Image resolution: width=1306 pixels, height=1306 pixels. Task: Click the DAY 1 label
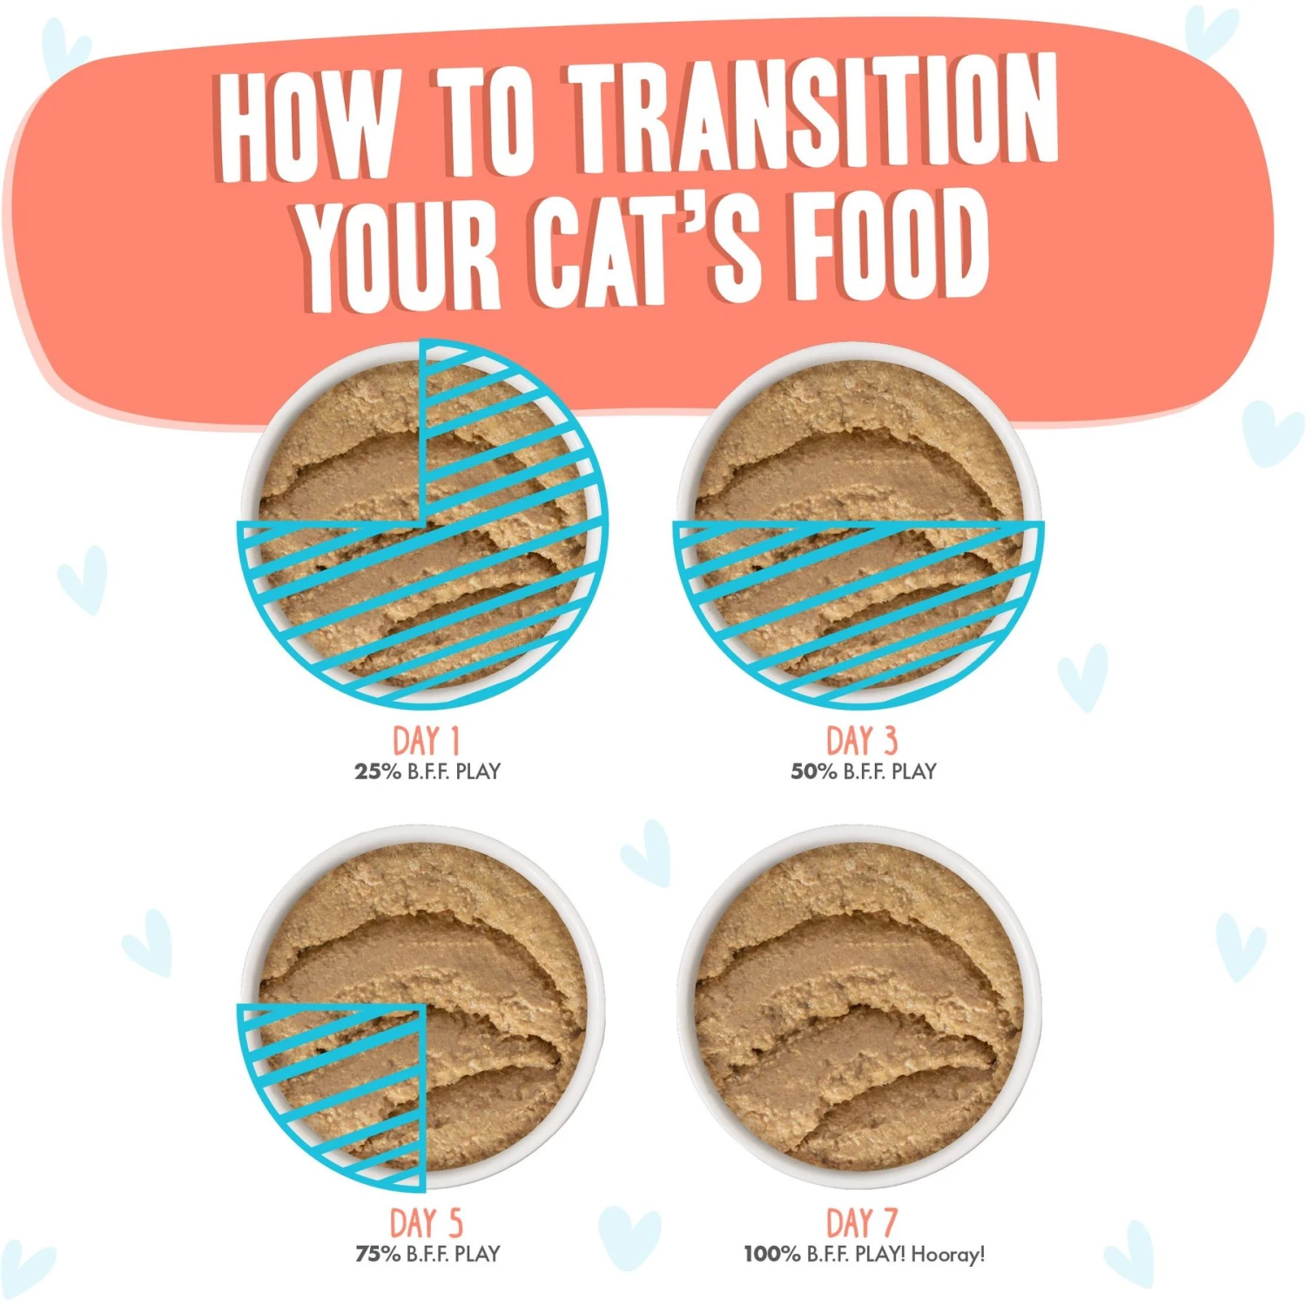coord(426,741)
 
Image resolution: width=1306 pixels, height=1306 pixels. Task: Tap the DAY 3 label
coord(861,741)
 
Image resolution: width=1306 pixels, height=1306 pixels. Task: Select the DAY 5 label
coord(426,1222)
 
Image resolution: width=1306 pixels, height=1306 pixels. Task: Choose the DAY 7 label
coord(861,1222)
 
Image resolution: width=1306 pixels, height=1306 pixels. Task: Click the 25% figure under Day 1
coord(377,771)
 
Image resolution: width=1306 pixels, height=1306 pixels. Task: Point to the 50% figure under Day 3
coord(813,771)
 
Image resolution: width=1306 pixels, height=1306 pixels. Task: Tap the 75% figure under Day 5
coord(377,1254)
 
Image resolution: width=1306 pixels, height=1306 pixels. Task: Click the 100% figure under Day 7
coord(771,1254)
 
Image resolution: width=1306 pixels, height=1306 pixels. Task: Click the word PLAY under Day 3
coord(913,771)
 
